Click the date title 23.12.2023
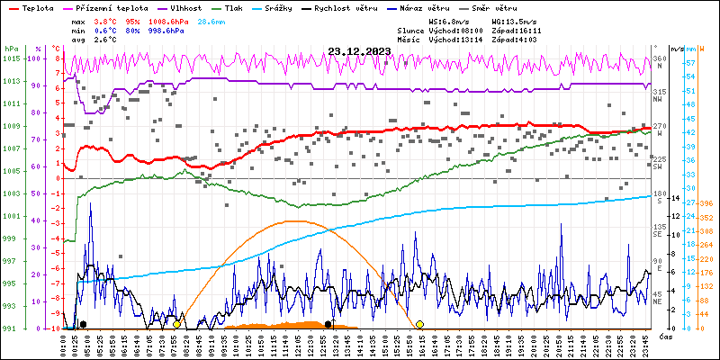pyautogui.click(x=359, y=52)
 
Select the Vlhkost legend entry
pyautogui.click(x=185, y=7)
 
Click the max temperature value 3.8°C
pyautogui.click(x=106, y=20)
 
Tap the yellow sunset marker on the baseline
pyautogui.click(x=419, y=324)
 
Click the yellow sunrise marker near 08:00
pyautogui.click(x=177, y=324)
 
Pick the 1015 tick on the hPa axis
pyautogui.click(x=11, y=58)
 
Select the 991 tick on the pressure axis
pyautogui.click(x=11, y=328)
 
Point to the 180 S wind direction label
pyautogui.click(x=659, y=195)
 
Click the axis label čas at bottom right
pyautogui.click(x=663, y=337)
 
